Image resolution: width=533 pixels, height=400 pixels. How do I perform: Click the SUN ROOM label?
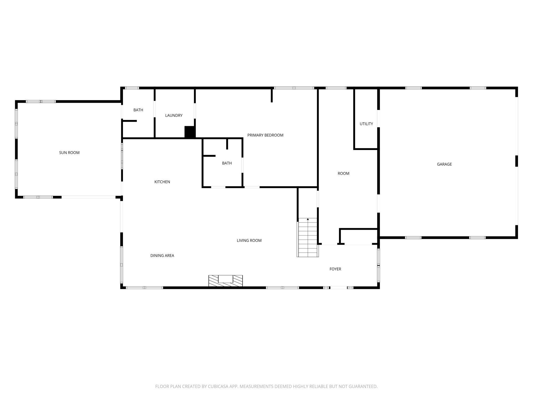(x=69, y=153)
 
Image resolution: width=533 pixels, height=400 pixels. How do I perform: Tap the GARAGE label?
(x=444, y=164)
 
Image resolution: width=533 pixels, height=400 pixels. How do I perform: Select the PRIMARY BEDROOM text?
(x=265, y=135)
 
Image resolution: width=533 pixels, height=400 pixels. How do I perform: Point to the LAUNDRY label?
(x=174, y=115)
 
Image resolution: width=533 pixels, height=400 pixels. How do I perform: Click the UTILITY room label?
(x=366, y=124)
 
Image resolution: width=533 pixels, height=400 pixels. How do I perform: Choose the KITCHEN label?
(x=162, y=182)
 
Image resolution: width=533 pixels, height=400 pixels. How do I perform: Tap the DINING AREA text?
(x=162, y=255)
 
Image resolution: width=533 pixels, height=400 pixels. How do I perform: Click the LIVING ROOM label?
(x=249, y=241)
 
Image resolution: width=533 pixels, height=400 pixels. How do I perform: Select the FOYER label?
(x=335, y=269)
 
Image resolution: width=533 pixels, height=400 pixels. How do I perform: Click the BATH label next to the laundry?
(x=138, y=110)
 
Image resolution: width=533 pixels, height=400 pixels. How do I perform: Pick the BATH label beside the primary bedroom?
(x=227, y=163)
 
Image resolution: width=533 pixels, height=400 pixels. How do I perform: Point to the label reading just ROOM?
(x=343, y=173)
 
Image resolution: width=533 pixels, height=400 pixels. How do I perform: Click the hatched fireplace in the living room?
(x=225, y=281)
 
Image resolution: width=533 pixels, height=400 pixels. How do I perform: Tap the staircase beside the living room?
(x=308, y=238)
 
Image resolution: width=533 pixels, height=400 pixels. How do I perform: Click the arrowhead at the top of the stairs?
(x=308, y=219)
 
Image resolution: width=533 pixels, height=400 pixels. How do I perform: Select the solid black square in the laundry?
(x=190, y=132)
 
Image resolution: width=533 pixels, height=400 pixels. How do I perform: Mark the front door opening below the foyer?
(x=338, y=288)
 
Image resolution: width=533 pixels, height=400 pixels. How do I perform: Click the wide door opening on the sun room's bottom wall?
(x=88, y=197)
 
